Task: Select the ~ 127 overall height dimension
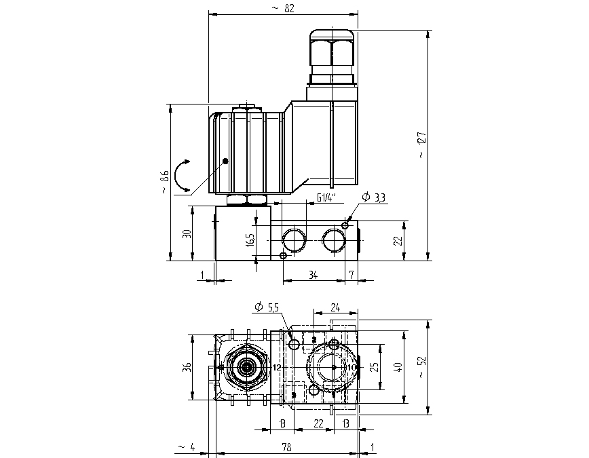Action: [x=421, y=146]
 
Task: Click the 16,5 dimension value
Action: [x=250, y=239]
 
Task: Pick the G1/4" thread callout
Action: [x=327, y=198]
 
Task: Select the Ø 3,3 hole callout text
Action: [x=374, y=197]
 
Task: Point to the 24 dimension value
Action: [x=335, y=307]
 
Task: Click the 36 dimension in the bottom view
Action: [x=187, y=367]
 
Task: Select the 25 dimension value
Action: [x=373, y=367]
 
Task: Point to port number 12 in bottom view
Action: [x=276, y=367]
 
